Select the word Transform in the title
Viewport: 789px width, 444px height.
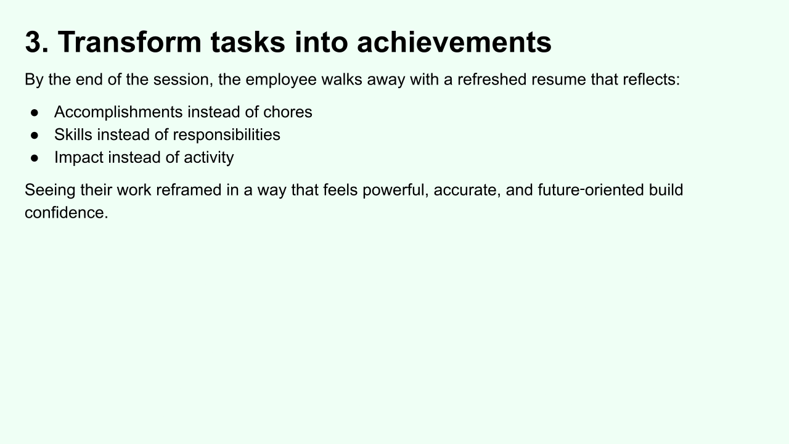pos(129,42)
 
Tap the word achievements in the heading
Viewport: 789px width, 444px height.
pos(454,42)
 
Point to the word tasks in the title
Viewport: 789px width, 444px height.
pos(248,42)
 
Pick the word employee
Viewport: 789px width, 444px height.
pos(280,80)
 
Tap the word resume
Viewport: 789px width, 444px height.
pos(558,80)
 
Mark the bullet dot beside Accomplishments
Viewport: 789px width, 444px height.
pos(35,113)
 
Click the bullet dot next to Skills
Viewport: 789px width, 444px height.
pos(35,135)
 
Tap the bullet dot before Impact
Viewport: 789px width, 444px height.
pos(35,158)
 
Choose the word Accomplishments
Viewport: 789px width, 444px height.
pos(118,112)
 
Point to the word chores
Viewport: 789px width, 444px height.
pos(287,112)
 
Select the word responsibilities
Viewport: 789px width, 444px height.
pos(226,135)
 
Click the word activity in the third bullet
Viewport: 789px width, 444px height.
pos(208,157)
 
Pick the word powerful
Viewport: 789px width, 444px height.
pos(395,191)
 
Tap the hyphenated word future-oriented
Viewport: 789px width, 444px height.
pos(591,190)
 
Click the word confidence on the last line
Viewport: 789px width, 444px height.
pos(66,213)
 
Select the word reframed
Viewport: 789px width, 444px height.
pos(189,190)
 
